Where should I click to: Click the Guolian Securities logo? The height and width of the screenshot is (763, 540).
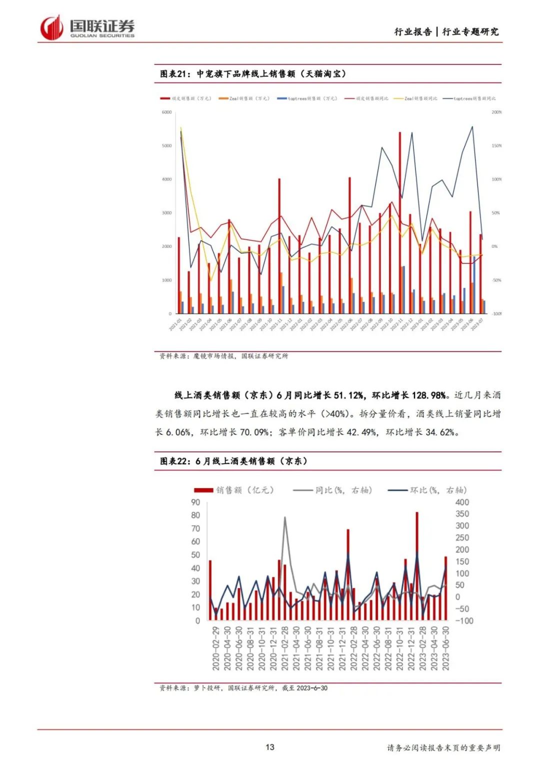87,27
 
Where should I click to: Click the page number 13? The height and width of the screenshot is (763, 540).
269,747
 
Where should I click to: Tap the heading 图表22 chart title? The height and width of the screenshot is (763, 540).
233,461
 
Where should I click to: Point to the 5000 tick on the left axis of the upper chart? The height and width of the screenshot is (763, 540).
166,146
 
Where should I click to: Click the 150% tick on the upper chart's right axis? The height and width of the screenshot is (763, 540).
496,146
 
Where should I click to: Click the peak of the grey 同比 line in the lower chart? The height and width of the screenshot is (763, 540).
285,518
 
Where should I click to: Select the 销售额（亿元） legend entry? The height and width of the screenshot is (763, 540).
234,490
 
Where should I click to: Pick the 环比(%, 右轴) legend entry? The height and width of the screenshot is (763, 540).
427,490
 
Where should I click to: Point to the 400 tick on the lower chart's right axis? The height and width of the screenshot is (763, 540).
462,502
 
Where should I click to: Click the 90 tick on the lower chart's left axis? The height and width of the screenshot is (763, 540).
195,502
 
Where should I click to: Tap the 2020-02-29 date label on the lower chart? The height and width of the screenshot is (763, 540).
215,648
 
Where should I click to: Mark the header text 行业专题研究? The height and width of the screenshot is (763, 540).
470,32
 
